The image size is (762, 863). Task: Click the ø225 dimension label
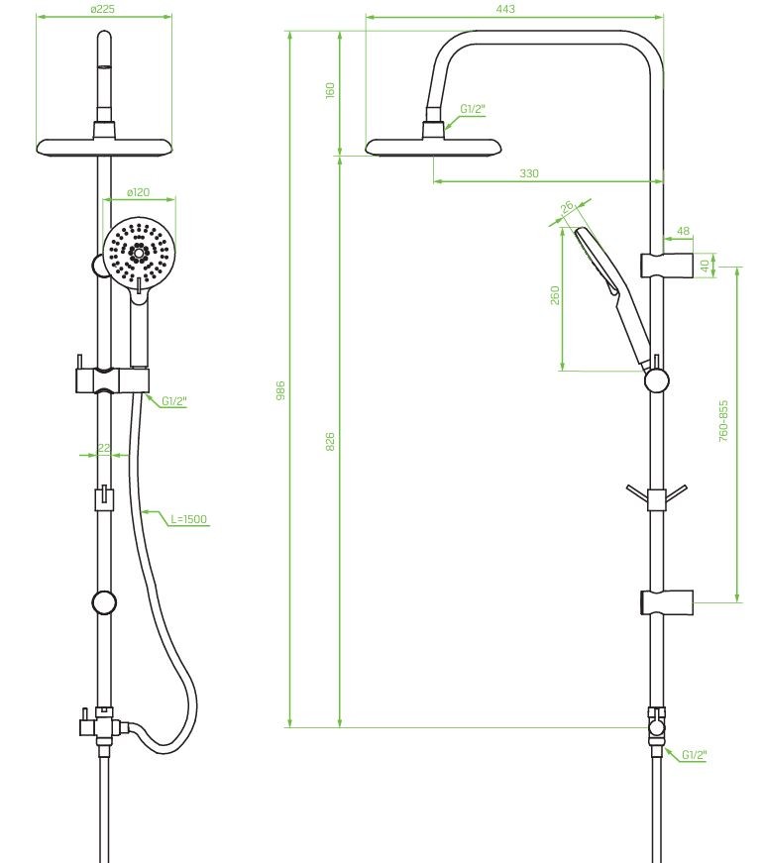click(103, 9)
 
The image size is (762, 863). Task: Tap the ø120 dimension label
click(138, 192)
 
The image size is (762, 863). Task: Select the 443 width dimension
click(505, 8)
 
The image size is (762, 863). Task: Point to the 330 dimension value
click(528, 173)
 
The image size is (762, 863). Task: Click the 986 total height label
click(280, 390)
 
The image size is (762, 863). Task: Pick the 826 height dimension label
click(330, 442)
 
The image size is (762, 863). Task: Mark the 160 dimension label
click(330, 90)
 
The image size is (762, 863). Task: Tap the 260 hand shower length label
click(555, 295)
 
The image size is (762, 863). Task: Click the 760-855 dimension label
click(723, 421)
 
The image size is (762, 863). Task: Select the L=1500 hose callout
click(189, 519)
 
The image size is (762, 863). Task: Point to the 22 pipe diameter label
click(104, 448)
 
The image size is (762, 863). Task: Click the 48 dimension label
click(683, 231)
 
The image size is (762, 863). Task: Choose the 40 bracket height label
click(705, 266)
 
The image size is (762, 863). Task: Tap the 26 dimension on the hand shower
click(567, 206)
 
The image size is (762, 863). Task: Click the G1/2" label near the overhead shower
click(473, 109)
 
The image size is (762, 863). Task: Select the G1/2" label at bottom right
click(694, 755)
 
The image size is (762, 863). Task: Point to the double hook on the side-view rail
click(656, 497)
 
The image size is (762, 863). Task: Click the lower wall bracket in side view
click(666, 602)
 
